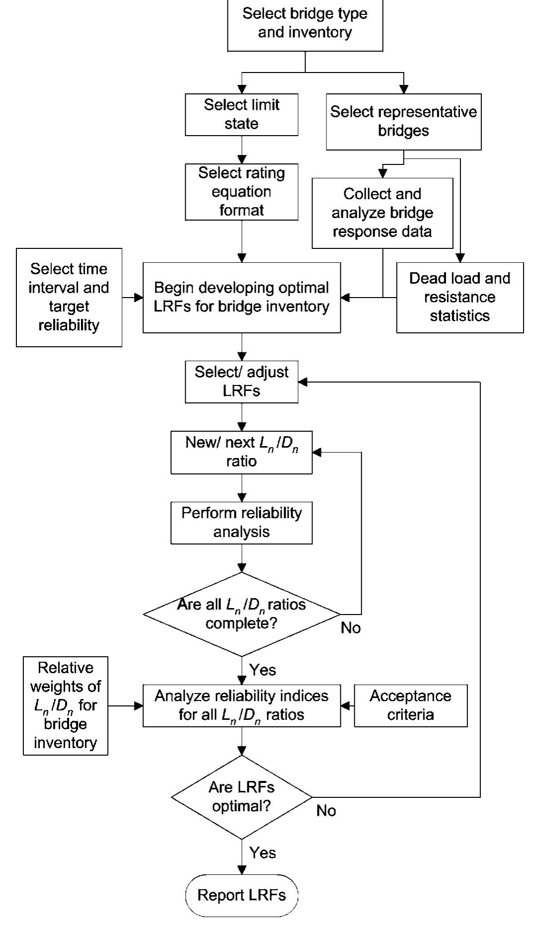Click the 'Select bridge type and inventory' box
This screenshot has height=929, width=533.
(305, 23)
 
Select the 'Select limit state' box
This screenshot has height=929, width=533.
(241, 115)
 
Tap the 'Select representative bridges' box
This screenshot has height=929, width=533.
(403, 122)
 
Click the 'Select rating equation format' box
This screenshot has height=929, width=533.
(241, 192)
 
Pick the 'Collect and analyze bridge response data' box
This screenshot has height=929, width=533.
(382, 213)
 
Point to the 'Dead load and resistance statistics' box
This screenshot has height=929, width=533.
(459, 297)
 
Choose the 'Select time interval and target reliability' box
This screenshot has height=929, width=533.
(69, 297)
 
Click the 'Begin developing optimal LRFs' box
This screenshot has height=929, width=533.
(241, 297)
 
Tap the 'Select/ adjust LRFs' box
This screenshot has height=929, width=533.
(241, 382)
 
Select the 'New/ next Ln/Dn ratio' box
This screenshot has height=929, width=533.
(241, 452)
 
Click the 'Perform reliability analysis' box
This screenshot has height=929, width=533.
(241, 523)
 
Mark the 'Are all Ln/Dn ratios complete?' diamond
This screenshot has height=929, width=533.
(241, 615)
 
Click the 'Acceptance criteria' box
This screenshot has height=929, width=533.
(410, 705)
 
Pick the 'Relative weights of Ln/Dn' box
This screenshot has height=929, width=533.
(65, 705)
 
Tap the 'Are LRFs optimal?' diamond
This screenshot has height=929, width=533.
(241, 797)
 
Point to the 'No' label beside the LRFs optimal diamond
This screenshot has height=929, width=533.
(326, 811)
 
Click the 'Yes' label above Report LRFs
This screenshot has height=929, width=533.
(262, 852)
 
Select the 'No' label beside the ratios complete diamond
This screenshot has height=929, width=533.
(351, 628)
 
